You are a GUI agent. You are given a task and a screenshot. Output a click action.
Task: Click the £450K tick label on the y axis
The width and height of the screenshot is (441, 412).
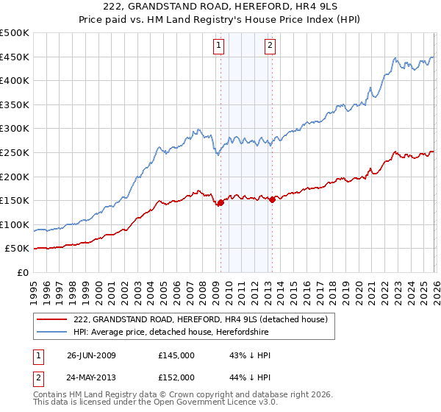point(15,57)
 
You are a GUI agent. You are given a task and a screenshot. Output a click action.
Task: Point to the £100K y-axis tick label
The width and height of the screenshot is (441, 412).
point(15,224)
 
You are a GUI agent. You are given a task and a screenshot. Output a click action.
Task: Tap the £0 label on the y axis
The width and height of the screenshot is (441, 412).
point(23,272)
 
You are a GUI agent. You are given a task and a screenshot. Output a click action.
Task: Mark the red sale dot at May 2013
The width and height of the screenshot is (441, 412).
point(272,199)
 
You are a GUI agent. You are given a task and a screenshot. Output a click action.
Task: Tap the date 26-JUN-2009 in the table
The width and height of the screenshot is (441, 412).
point(91,355)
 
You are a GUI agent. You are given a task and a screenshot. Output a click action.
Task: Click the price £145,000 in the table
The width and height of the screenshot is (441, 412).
point(176,355)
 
